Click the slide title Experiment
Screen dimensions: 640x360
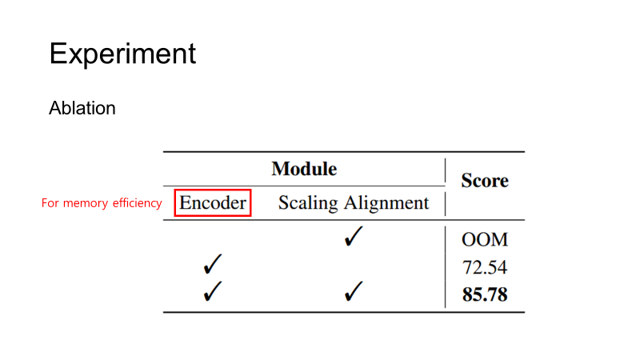122,54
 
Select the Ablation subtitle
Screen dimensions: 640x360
82,108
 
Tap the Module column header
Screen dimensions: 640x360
304,169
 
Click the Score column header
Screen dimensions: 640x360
485,181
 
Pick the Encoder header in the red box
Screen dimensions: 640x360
213,203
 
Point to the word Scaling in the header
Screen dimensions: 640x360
308,204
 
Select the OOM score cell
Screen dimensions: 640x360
485,240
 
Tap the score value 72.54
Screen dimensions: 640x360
485,267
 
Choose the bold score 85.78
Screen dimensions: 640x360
485,294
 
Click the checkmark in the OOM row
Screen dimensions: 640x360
353,238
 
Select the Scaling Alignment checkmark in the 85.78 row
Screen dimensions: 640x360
353,292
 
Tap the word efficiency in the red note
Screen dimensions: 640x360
136,204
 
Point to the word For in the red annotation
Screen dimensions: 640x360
50,204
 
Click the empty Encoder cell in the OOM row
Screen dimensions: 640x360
213,238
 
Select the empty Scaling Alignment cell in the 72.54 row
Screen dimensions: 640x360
353,266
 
